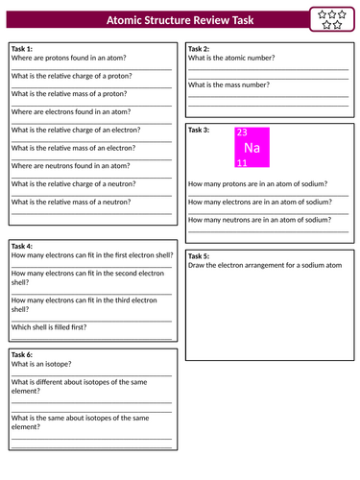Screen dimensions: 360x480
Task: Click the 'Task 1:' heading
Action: pos(22,48)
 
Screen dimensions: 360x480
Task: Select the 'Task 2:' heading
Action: pos(199,48)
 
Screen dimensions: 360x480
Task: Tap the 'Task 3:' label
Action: pos(199,130)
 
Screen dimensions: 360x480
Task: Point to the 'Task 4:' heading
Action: pos(22,246)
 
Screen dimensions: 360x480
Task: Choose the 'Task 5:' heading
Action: pos(199,255)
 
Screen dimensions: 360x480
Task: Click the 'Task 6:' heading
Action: pos(22,354)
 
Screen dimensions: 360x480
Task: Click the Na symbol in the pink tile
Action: pos(252,148)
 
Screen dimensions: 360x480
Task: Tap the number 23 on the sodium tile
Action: pos(242,133)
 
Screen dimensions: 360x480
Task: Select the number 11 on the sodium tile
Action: pos(242,163)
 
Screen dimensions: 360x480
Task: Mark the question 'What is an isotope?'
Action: pos(41,364)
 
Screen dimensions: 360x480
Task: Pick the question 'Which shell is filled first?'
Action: pos(49,326)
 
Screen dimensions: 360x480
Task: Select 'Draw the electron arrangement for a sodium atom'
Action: pos(265,265)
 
